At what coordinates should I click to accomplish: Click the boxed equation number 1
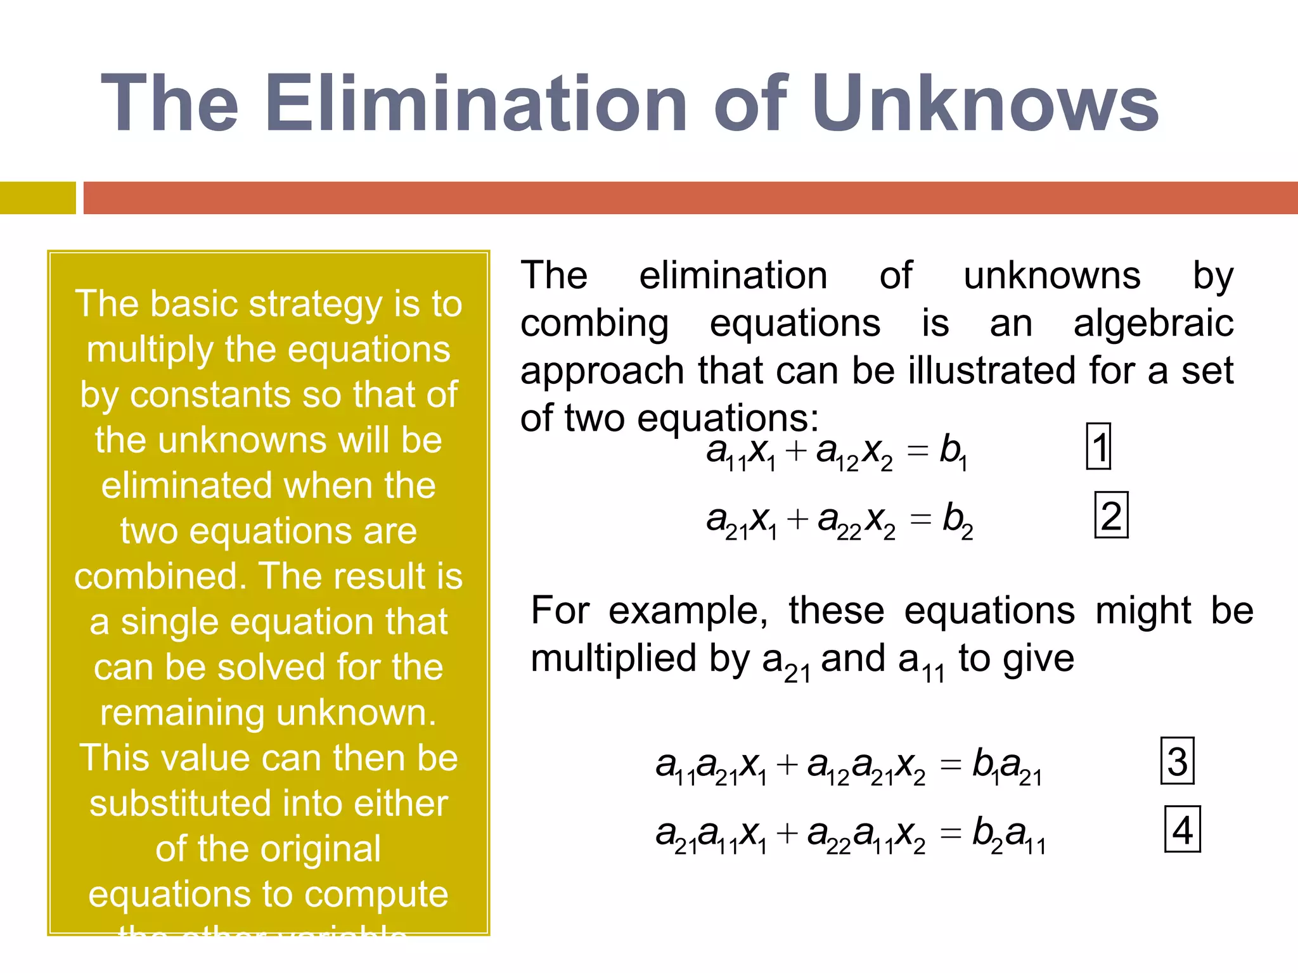coord(1098,447)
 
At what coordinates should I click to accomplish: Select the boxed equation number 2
coord(1111,515)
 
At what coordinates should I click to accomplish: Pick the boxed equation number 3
coord(1177,761)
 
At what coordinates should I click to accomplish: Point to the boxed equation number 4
coord(1183,829)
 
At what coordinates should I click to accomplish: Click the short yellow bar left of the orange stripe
coord(37,198)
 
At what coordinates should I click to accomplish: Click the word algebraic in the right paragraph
coord(1153,323)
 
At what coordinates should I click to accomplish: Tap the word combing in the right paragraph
coord(594,323)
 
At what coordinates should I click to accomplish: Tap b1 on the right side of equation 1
coord(953,452)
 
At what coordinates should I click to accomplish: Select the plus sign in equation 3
coord(787,765)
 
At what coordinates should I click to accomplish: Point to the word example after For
coord(688,611)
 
